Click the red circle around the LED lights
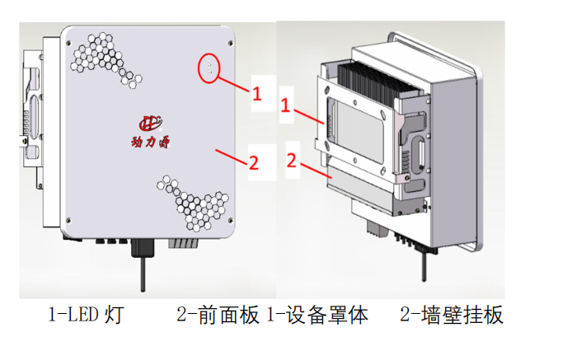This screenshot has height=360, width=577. tap(211, 68)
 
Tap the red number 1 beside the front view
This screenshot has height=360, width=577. tap(256, 94)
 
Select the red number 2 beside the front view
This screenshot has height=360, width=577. tap(254, 162)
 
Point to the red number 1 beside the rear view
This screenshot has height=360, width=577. tap(284, 106)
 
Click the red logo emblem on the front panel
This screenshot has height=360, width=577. tap(152, 122)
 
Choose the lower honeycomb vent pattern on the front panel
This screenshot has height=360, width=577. tap(195, 203)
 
